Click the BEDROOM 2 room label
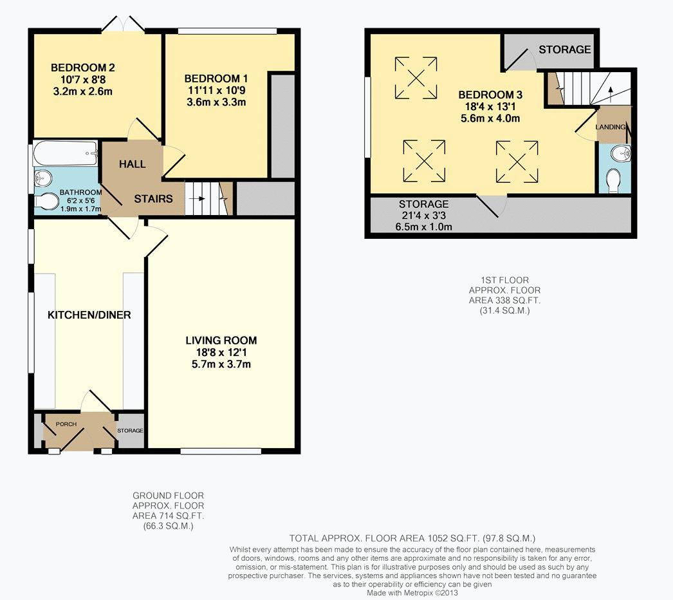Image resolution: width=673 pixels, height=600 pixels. click(83, 68)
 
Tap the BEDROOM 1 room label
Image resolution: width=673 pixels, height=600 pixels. click(216, 79)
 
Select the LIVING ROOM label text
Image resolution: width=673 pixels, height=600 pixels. click(221, 340)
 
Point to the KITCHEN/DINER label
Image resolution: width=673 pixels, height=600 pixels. click(89, 315)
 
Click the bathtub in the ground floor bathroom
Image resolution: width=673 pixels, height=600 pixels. click(66, 153)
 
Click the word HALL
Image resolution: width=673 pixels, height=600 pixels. click(132, 164)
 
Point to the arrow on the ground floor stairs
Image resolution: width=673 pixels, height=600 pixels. click(199, 198)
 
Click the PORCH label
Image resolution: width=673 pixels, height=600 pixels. click(66, 424)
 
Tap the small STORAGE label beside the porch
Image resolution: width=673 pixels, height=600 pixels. click(130, 430)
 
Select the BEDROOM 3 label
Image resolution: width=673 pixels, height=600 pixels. click(490, 95)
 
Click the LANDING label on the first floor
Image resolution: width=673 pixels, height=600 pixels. click(611, 127)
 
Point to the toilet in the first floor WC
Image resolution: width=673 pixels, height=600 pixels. click(614, 181)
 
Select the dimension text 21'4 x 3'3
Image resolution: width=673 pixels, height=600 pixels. click(423, 215)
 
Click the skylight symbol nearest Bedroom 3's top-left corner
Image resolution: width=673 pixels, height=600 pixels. click(416, 78)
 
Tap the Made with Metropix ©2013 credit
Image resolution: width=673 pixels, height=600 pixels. click(412, 593)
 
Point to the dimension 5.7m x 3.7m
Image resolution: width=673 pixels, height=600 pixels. click(221, 364)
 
